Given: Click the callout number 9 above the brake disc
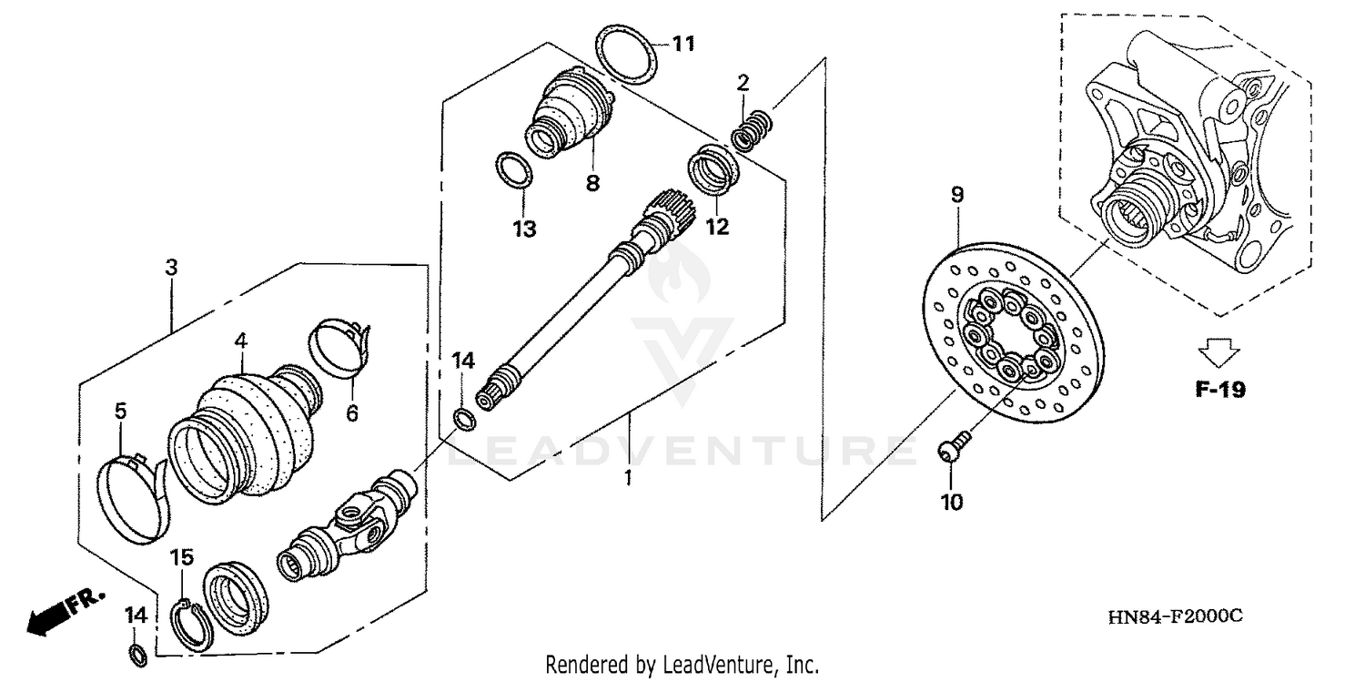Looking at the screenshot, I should [x=957, y=195].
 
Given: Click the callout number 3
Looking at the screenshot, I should [x=171, y=268].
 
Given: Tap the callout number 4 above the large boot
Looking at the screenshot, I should [x=240, y=341].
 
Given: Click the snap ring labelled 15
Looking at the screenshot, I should [x=191, y=626].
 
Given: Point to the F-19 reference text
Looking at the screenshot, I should [x=1220, y=390].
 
